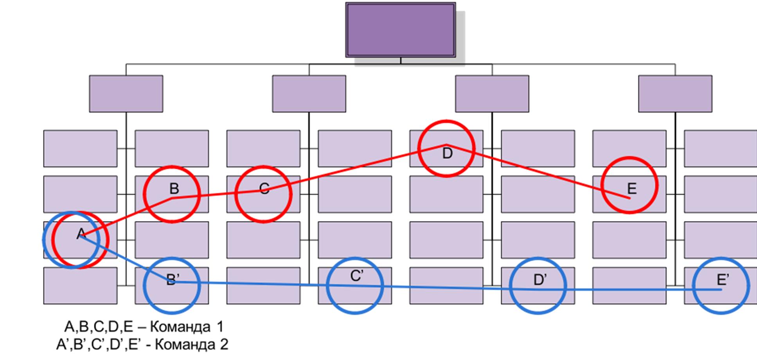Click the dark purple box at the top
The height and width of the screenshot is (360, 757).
[400, 30]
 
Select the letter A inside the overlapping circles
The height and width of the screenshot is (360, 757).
[81, 234]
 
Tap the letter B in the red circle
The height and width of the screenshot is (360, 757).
[174, 189]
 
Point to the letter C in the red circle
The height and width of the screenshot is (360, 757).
[264, 189]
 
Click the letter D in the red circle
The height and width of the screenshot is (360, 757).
[447, 153]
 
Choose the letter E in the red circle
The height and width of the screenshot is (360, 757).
[632, 189]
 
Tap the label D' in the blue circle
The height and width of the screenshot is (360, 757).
[540, 280]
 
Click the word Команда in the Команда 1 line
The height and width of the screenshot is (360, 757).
[180, 327]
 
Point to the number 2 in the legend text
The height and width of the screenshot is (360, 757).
[224, 345]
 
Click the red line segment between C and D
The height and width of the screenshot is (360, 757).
[352, 168]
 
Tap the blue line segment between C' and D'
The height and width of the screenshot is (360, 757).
[446, 288]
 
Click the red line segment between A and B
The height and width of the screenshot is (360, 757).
[125, 218]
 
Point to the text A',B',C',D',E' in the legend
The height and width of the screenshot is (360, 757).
[103, 345]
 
